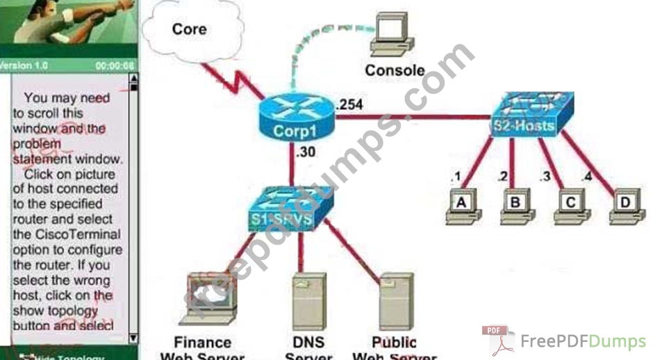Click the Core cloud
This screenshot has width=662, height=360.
tap(186, 31)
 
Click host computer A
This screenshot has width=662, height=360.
tap(460, 206)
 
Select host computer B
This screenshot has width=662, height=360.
tap(515, 206)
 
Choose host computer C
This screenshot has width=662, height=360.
tap(570, 206)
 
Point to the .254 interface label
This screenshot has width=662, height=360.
tap(348, 105)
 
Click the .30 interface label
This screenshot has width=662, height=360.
tap(307, 152)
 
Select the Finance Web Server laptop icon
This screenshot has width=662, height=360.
tap(209, 300)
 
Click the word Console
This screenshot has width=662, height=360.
tap(395, 70)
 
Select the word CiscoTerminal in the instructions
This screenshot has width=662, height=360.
tap(67, 234)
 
